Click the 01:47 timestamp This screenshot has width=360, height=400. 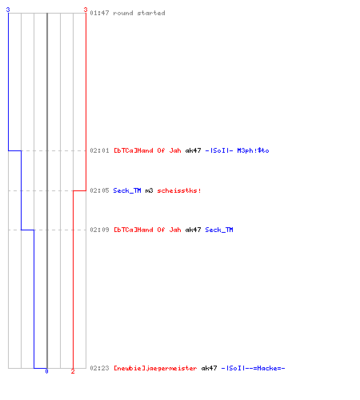(x=99, y=13)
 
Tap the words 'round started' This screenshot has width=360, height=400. (x=139, y=13)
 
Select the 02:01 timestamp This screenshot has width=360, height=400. (x=99, y=150)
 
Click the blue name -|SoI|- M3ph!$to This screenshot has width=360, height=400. (x=237, y=150)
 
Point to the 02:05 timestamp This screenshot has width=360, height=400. (x=99, y=190)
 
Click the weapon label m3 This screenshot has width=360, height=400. (x=149, y=190)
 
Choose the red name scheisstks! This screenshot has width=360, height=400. (x=179, y=190)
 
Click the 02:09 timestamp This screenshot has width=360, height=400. (x=99, y=230)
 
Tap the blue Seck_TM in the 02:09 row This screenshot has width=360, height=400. (x=219, y=230)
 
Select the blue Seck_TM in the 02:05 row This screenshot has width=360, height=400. (x=127, y=190)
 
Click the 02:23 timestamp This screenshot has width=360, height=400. (x=99, y=368)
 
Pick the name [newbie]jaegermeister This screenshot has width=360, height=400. (x=155, y=368)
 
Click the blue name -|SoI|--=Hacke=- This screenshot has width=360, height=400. (x=253, y=368)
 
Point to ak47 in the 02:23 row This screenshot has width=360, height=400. (x=209, y=368)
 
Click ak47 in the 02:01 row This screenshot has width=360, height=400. (x=193, y=150)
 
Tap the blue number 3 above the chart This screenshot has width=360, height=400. (x=8, y=10)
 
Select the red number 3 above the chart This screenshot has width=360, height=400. (x=86, y=10)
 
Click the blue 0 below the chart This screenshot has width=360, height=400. (x=46, y=371)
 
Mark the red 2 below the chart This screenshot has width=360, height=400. (x=73, y=371)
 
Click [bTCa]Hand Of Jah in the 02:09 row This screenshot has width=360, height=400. (x=147, y=230)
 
